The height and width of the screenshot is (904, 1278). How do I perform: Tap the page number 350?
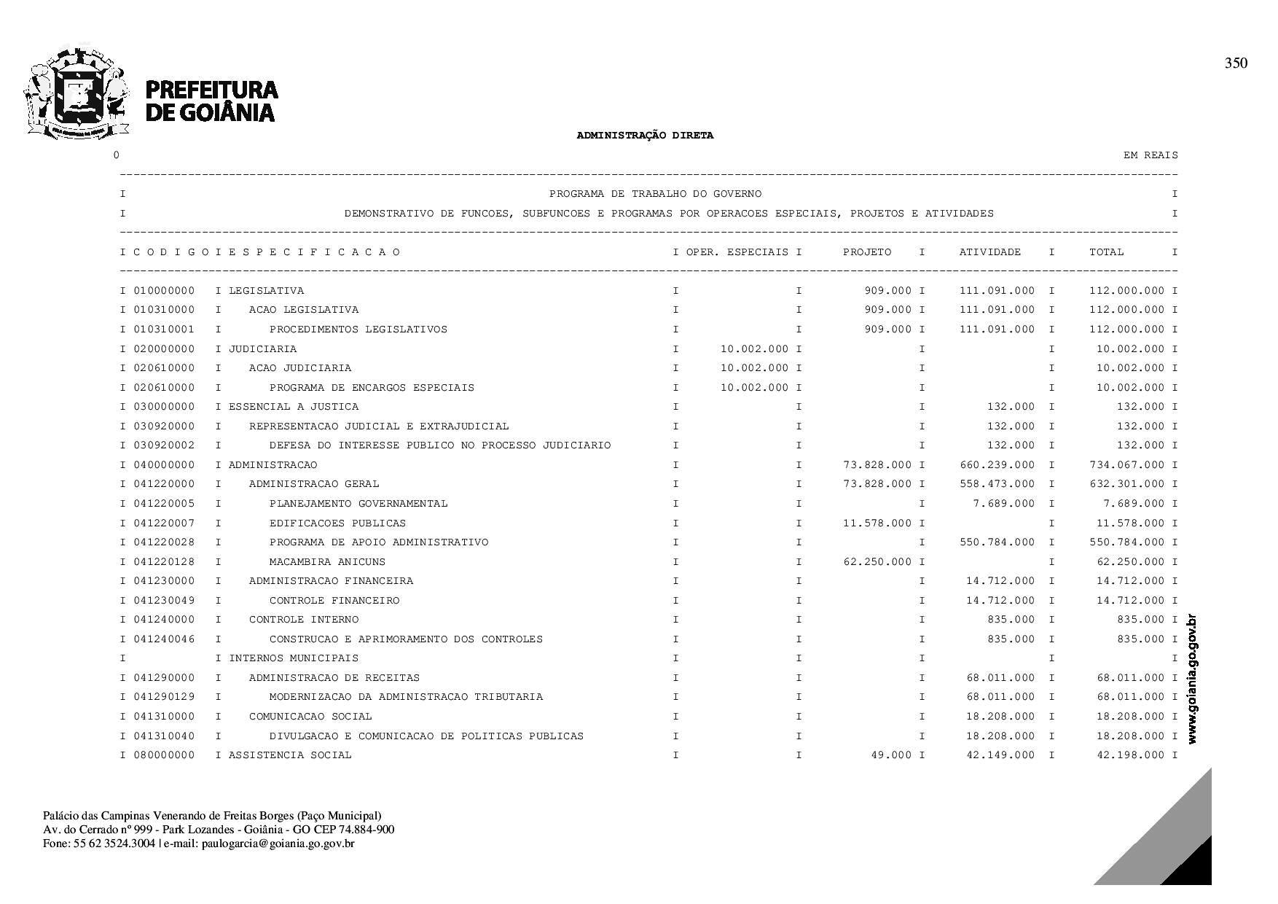(1236, 63)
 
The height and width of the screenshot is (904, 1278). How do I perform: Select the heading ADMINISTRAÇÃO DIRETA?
(645, 136)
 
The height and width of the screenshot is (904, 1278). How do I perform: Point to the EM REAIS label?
(1150, 155)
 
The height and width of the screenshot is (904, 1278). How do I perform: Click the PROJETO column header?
(866, 252)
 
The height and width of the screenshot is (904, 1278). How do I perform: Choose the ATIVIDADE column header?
(989, 252)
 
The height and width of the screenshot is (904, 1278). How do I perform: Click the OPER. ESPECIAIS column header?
(737, 252)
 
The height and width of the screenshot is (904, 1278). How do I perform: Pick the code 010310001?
(164, 330)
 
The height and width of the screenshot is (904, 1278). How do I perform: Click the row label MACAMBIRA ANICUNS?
(327, 562)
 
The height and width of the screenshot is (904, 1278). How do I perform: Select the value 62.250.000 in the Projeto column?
(877, 562)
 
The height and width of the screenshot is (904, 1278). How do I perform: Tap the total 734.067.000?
(1126, 465)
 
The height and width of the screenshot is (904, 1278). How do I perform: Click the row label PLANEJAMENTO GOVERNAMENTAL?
(358, 504)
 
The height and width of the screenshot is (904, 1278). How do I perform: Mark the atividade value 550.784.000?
(997, 542)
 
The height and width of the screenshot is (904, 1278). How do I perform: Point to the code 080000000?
(164, 755)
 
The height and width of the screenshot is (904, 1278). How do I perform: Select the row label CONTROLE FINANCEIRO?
(334, 601)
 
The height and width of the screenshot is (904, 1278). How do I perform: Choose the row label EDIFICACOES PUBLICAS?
(337, 523)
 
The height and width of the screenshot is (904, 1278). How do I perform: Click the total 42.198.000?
(1130, 755)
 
